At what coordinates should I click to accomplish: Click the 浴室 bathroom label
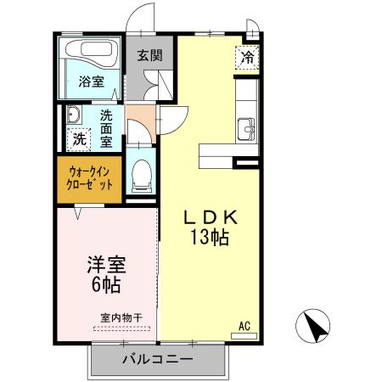(91, 81)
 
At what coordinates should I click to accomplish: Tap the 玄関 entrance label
(150, 57)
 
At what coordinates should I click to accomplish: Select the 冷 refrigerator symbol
(248, 59)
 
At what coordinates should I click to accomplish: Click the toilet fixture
(141, 174)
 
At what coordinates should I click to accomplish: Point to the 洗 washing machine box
(79, 137)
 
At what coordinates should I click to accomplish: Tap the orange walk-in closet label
(90, 177)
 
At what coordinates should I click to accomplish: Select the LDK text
(208, 217)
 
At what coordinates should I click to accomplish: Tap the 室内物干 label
(121, 317)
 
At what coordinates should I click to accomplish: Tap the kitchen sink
(247, 126)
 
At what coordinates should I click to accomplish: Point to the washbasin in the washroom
(72, 115)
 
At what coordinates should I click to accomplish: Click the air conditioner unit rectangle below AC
(244, 335)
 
